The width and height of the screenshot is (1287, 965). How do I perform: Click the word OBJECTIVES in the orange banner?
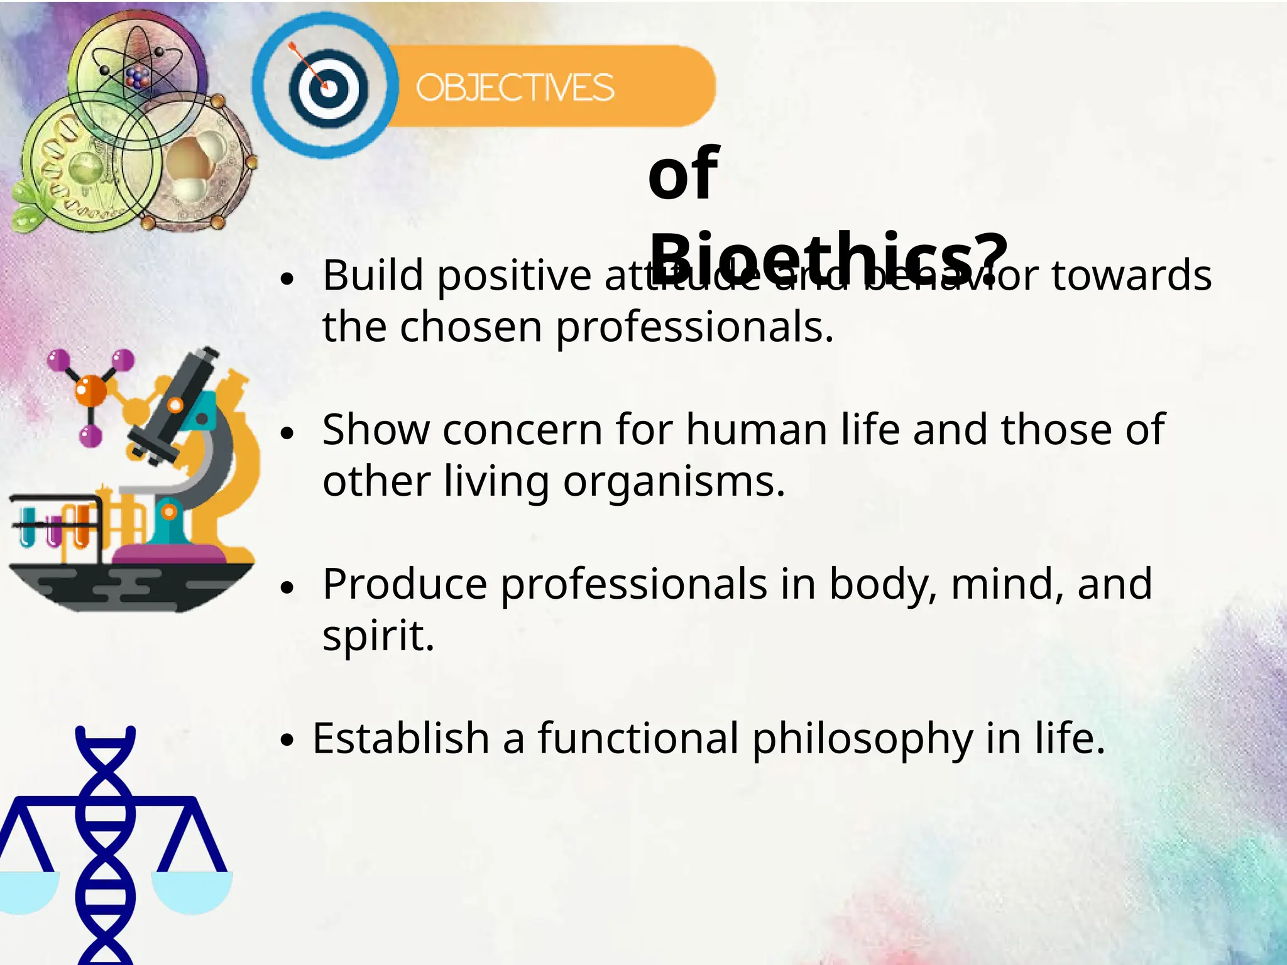[x=515, y=87]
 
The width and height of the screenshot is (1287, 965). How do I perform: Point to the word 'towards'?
[x=1131, y=276]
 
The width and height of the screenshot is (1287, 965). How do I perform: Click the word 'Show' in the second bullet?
[x=376, y=430]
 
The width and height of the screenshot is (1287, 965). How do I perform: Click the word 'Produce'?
[x=405, y=584]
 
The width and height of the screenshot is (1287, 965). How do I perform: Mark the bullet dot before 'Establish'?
[x=287, y=740]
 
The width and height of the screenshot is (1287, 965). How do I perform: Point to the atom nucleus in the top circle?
[x=138, y=77]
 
